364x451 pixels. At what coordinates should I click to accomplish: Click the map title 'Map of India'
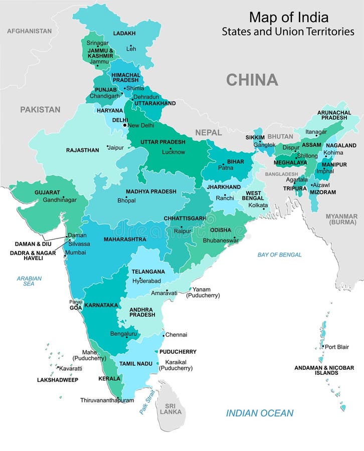pyautogui.click(x=288, y=17)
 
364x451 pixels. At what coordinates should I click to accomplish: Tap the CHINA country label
pyautogui.click(x=252, y=80)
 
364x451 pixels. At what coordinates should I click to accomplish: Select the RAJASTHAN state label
pyautogui.click(x=83, y=150)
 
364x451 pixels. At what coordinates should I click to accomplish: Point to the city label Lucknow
pyautogui.click(x=173, y=152)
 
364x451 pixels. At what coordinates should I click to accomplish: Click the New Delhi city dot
pyautogui.click(x=125, y=125)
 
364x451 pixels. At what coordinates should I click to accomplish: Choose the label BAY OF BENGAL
pyautogui.click(x=279, y=255)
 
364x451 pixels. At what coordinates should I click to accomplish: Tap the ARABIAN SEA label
pyautogui.click(x=29, y=281)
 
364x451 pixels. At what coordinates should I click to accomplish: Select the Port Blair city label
pyautogui.click(x=336, y=347)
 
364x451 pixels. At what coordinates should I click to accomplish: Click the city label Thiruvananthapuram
pyautogui.click(x=107, y=400)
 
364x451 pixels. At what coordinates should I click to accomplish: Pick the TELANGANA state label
pyautogui.click(x=148, y=272)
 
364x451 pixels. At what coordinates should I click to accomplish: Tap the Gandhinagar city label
pyautogui.click(x=60, y=199)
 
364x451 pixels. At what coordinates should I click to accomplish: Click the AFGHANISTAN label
pyautogui.click(x=29, y=31)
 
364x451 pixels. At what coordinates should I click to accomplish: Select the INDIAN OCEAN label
pyautogui.click(x=259, y=413)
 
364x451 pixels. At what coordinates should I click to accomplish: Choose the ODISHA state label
pyautogui.click(x=221, y=230)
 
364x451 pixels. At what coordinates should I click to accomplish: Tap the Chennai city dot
pyautogui.click(x=163, y=335)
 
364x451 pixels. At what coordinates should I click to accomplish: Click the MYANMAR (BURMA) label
pyautogui.click(x=341, y=219)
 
